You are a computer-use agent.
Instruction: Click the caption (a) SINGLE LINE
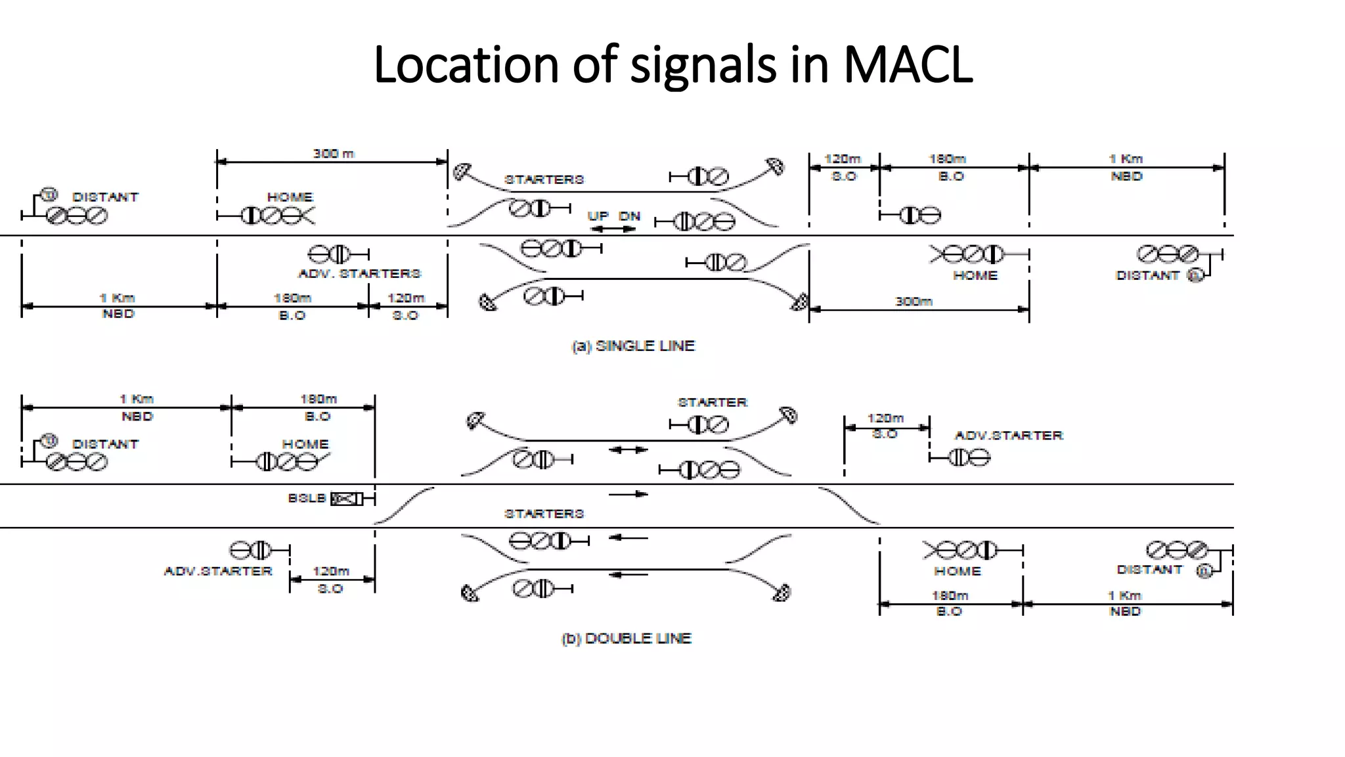(x=633, y=346)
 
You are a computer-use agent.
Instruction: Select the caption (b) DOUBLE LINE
(x=627, y=638)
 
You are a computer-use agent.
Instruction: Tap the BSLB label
(x=306, y=498)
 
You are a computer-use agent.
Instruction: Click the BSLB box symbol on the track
(x=347, y=499)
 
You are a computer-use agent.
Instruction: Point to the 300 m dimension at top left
(x=333, y=154)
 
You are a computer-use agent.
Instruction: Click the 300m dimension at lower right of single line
(x=914, y=302)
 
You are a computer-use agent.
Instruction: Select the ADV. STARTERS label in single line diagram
(x=359, y=273)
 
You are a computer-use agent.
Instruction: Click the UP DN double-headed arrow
(x=613, y=229)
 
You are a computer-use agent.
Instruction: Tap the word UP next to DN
(x=598, y=216)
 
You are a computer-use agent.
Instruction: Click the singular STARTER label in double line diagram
(x=713, y=402)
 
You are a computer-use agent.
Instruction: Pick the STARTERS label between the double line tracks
(x=544, y=513)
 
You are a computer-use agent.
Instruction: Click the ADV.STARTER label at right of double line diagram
(x=1008, y=435)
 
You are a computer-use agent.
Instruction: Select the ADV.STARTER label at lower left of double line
(x=218, y=571)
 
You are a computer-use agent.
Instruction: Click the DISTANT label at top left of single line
(x=106, y=197)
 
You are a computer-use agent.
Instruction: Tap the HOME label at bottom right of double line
(x=958, y=571)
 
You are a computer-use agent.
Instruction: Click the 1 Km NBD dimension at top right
(x=1126, y=168)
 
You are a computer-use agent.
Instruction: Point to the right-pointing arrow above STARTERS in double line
(x=628, y=494)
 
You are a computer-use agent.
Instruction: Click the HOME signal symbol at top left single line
(x=277, y=216)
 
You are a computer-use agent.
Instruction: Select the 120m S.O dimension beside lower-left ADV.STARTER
(x=331, y=580)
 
